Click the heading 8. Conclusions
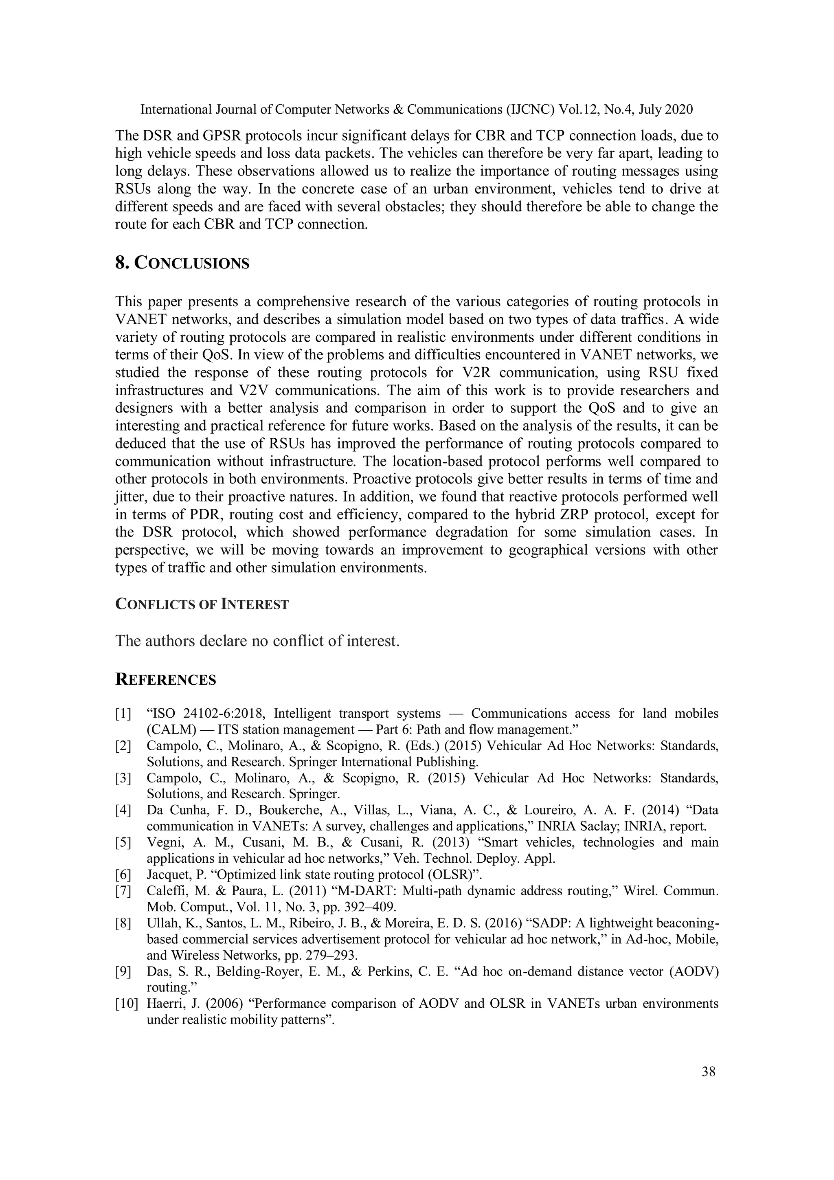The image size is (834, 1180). pos(182,263)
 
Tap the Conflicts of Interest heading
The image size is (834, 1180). pos(202,604)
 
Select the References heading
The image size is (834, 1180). pos(165,679)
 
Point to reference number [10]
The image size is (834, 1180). pos(126,1003)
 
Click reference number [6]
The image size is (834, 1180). pos(123,874)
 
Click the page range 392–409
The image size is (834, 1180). pos(369,907)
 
